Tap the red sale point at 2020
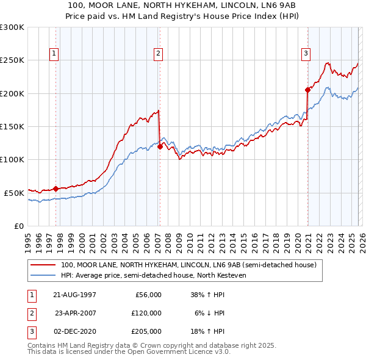coord(307,90)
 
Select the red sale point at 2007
coord(160,146)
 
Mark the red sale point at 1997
coord(56,189)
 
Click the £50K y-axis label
coord(14,193)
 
